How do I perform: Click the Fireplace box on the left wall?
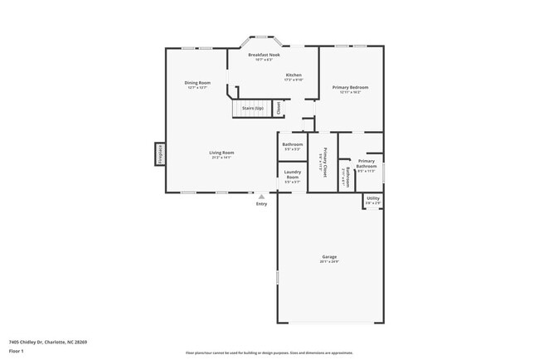158,153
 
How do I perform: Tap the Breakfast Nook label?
264,55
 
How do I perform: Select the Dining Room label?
197,82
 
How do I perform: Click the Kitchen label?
294,75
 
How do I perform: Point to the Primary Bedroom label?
351,87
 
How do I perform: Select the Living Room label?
221,152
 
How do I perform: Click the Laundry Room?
292,176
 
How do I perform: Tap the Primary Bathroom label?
367,164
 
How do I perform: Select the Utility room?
372,201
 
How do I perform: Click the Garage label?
329,257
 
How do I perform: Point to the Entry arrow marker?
261,196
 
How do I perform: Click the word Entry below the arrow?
261,203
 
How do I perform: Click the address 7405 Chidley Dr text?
48,341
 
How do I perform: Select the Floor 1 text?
17,351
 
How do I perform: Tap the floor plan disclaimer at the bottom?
269,353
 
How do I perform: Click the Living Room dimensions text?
221,157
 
